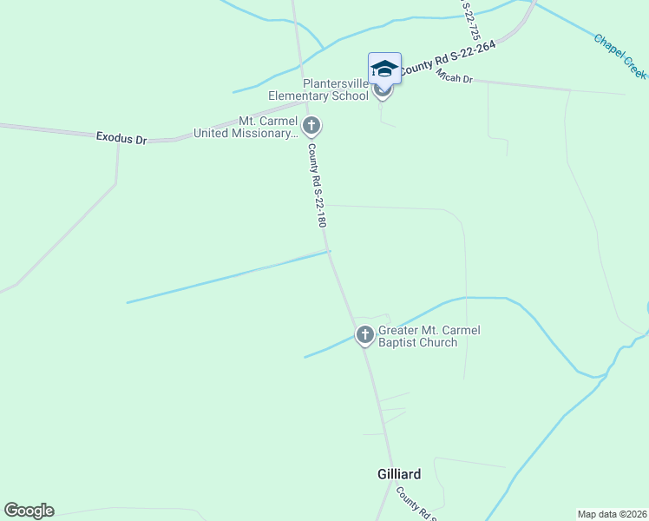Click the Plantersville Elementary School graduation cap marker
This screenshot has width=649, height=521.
384,69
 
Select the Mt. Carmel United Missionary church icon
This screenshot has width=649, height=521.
311,127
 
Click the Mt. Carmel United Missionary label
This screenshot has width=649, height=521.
246,128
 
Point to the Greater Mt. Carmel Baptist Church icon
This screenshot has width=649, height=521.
365,334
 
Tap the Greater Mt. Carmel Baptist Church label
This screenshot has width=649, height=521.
429,336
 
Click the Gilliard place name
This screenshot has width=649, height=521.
399,474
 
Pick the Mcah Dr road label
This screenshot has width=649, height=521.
454,79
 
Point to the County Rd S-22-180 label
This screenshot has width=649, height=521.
317,186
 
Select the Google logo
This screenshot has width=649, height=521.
29,511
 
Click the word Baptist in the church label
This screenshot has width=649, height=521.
398,342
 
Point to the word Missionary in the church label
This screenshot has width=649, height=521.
265,134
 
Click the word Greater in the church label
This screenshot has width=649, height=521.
400,330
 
